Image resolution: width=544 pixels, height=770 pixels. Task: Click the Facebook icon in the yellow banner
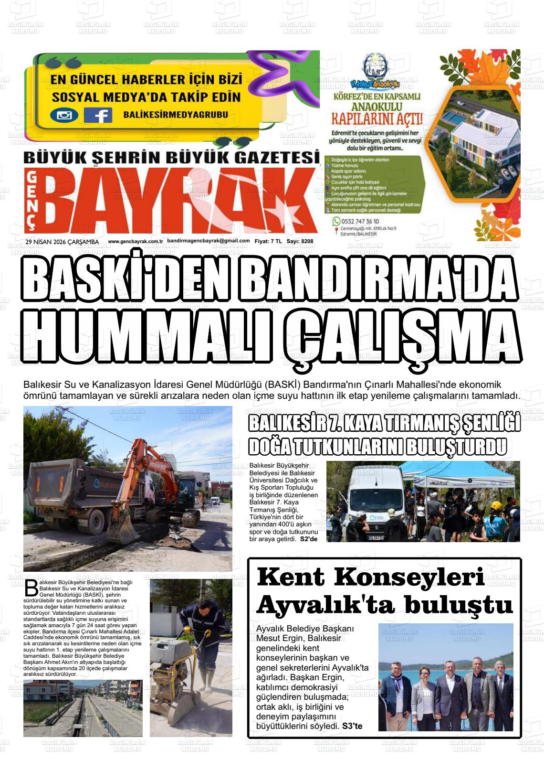coord(98,115)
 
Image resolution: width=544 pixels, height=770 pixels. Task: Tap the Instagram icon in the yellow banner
coord(64,115)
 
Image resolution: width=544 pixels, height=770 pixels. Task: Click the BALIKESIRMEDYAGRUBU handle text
coord(175,115)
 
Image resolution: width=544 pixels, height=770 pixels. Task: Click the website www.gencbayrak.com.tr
coord(136,242)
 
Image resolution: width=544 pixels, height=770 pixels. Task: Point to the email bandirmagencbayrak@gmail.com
coord(209,241)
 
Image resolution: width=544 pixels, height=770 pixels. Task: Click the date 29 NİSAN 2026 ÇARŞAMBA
coord(62,242)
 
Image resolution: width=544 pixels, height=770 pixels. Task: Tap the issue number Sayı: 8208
coord(300,242)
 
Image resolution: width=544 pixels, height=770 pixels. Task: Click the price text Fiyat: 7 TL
coord(268,242)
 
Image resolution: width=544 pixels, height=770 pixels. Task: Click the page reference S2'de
coord(309,539)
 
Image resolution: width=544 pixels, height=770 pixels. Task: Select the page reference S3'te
coord(352,726)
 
